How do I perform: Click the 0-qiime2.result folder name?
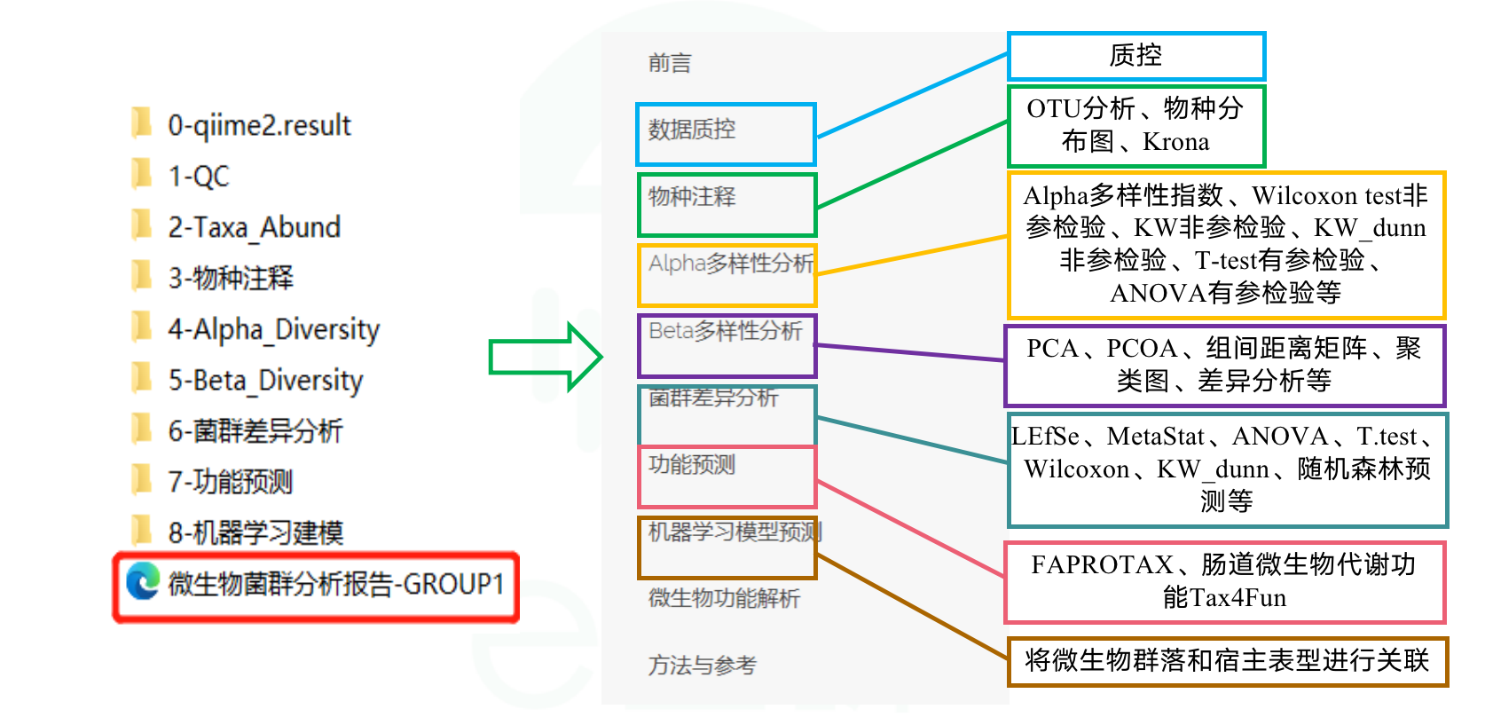(x=259, y=125)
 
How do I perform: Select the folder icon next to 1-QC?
(x=141, y=174)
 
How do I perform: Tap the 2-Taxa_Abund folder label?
(x=254, y=227)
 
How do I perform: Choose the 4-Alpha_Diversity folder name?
(x=273, y=329)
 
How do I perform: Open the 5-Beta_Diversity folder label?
(x=265, y=380)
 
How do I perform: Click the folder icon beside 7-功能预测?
(x=141, y=480)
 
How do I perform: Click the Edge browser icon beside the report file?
(x=143, y=582)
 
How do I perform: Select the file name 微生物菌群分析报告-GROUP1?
(x=336, y=584)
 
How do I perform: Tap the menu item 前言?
(x=670, y=63)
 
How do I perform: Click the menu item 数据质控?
(x=692, y=130)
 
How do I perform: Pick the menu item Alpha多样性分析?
(x=731, y=264)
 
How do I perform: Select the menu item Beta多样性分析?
(x=725, y=331)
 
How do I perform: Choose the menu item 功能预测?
(x=692, y=464)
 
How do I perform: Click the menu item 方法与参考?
(x=702, y=665)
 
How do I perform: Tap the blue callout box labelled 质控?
(x=1135, y=56)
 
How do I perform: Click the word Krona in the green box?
(x=1175, y=142)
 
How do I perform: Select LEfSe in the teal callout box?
(x=1045, y=437)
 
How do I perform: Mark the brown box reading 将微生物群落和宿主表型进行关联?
(x=1227, y=661)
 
